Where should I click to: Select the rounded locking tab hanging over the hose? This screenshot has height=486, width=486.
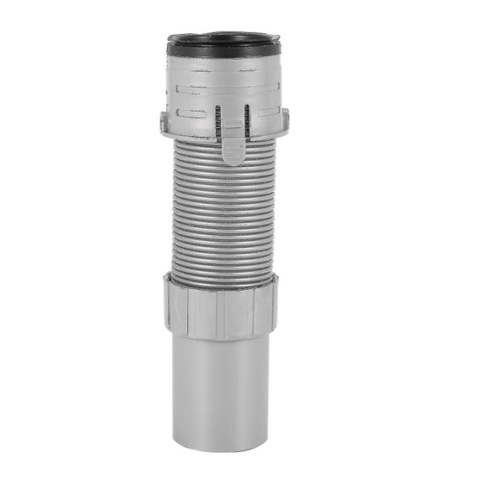(232, 147)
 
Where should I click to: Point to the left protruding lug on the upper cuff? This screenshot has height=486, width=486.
(164, 123)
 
